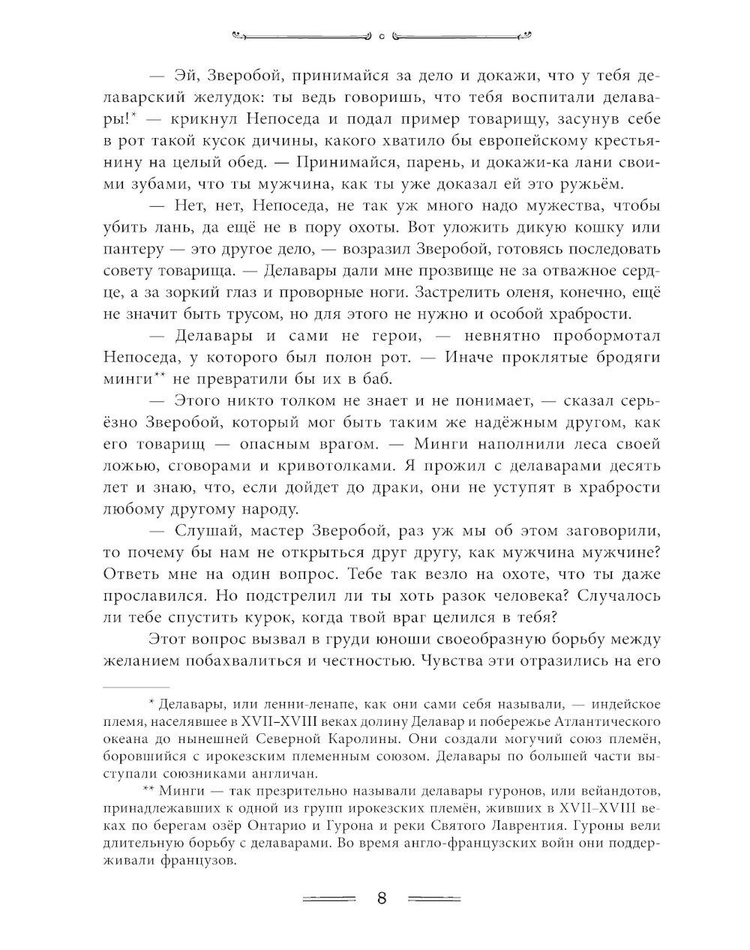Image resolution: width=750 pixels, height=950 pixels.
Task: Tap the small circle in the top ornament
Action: point(382,34)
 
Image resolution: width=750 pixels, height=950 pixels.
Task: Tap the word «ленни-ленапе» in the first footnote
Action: point(278,705)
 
